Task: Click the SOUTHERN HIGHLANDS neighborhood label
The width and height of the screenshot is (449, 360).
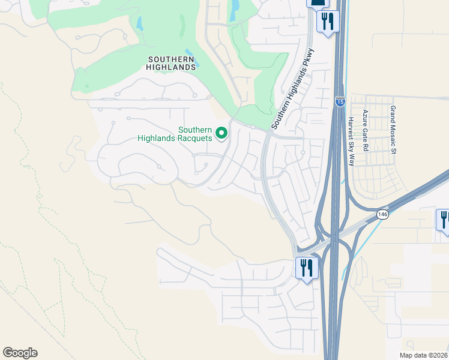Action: (x=171, y=63)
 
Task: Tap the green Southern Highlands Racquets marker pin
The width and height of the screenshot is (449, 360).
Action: (x=221, y=133)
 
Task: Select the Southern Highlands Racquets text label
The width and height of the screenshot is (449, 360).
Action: (x=175, y=134)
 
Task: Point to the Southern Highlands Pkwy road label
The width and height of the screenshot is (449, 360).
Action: (x=292, y=89)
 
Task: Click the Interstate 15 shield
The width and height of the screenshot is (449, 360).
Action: (x=340, y=102)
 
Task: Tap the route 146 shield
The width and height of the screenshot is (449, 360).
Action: (x=382, y=214)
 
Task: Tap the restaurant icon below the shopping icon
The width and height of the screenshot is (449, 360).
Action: (x=328, y=22)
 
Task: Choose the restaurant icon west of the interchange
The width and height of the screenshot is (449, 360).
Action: (x=306, y=268)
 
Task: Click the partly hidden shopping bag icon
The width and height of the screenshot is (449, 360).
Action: (x=318, y=3)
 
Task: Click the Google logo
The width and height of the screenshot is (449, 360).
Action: (x=20, y=353)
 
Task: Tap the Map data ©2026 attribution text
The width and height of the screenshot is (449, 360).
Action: (x=424, y=355)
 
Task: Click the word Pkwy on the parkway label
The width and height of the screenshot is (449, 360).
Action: (x=307, y=58)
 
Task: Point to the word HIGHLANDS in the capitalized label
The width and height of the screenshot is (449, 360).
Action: (x=171, y=67)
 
